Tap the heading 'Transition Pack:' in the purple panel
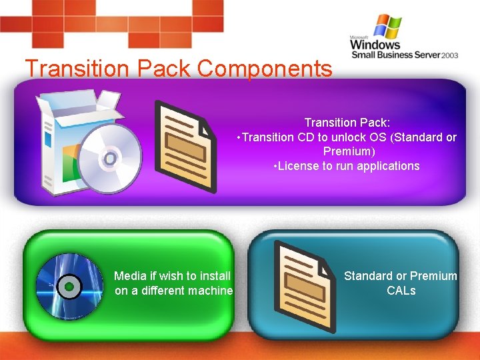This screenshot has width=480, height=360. [347, 123]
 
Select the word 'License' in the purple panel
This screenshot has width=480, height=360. [298, 166]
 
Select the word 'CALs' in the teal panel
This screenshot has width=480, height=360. [401, 291]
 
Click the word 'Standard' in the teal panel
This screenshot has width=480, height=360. [368, 276]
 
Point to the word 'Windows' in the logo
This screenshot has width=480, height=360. [375, 45]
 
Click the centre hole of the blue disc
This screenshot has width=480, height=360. [68, 287]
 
